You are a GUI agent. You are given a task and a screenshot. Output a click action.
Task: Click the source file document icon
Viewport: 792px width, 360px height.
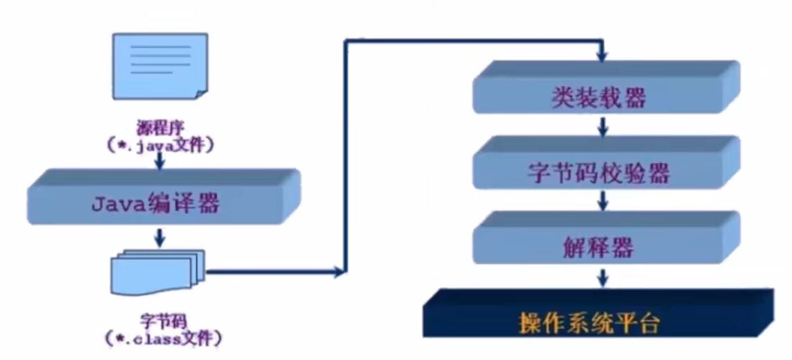pyautogui.click(x=160, y=67)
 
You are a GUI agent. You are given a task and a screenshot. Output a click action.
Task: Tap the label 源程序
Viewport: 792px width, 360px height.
pyautogui.click(x=160, y=127)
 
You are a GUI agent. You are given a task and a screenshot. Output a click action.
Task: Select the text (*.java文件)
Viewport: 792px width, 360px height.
pyautogui.click(x=160, y=146)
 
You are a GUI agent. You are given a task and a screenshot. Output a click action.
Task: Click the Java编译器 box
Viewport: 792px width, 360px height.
pyautogui.click(x=163, y=198)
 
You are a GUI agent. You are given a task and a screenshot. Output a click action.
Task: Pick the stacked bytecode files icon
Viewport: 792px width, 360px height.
pyautogui.click(x=158, y=273)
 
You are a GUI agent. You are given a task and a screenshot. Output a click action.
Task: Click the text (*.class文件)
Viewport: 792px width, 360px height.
pyautogui.click(x=164, y=337)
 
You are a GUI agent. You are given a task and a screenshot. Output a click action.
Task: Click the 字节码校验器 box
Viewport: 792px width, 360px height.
pyautogui.click(x=605, y=162)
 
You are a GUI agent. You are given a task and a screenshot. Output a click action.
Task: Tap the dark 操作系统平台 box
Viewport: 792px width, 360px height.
pyautogui.click(x=598, y=314)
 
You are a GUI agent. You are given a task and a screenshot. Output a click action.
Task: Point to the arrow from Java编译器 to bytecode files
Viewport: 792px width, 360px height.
pyautogui.click(x=160, y=238)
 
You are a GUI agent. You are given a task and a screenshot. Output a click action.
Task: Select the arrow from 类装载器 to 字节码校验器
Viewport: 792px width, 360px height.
pyautogui.click(x=602, y=126)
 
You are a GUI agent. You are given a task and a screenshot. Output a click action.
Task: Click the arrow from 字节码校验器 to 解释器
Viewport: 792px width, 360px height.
pyautogui.click(x=602, y=200)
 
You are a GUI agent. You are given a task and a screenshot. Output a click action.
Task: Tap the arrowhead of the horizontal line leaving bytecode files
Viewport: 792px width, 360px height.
pyautogui.click(x=339, y=272)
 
